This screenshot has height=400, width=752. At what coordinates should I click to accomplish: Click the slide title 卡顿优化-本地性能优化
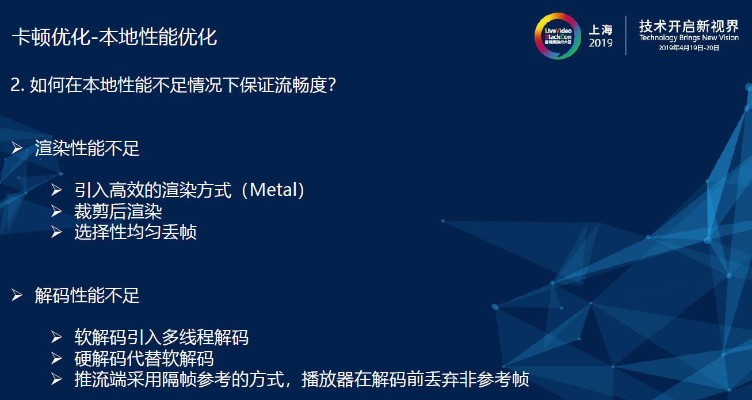[114, 37]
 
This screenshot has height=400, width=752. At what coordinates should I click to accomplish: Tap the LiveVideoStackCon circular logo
[558, 36]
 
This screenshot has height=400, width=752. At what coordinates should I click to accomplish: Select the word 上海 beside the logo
[601, 30]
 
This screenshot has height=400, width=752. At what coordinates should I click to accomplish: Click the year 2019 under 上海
[601, 44]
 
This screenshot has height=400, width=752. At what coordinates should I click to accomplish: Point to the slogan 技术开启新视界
[689, 26]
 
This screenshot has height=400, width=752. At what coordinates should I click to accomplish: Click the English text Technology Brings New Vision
[689, 38]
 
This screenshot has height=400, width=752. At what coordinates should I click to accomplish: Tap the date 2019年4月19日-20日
[689, 48]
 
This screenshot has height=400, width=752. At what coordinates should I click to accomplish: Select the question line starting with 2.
[173, 86]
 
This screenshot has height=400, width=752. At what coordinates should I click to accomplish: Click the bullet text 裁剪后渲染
[118, 211]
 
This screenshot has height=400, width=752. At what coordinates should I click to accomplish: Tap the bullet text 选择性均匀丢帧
[135, 232]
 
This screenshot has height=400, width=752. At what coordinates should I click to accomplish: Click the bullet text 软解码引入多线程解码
[161, 337]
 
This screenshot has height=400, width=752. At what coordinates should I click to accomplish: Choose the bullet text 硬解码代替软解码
[144, 359]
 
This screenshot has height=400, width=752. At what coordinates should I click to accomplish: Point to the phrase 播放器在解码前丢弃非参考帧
[415, 379]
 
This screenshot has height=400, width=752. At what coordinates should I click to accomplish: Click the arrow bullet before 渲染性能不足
[18, 149]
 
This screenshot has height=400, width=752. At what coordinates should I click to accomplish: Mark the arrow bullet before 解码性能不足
[18, 296]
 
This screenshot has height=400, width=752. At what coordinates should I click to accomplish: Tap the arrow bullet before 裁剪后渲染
[56, 211]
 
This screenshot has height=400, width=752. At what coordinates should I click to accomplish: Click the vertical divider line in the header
[625, 36]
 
